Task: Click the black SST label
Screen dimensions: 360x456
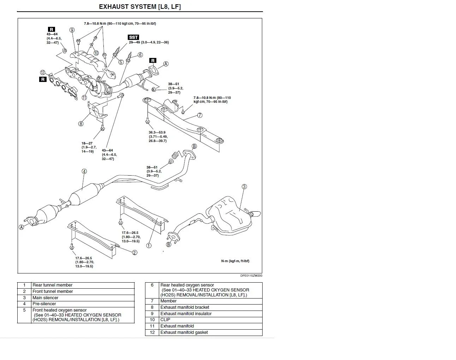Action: pyautogui.click(x=134, y=37)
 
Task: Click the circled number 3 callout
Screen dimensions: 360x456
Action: pyautogui.click(x=244, y=187)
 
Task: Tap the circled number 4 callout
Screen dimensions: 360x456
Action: pyautogui.click(x=84, y=171)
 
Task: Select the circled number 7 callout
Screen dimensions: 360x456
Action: pyautogui.click(x=200, y=115)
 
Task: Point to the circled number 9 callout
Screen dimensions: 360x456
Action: pyautogui.click(x=72, y=30)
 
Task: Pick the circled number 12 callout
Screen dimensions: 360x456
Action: pyautogui.click(x=43, y=73)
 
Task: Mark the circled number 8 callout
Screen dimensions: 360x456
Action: pyautogui.click(x=81, y=124)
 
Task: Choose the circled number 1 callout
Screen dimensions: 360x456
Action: pyautogui.click(x=149, y=245)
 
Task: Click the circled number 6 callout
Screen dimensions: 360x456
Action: pyautogui.click(x=140, y=55)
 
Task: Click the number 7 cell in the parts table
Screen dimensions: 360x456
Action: pyautogui.click(x=152, y=301)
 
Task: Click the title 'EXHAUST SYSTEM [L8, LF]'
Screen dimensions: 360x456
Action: pyautogui.click(x=140, y=6)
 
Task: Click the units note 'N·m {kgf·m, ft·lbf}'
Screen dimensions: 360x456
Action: pyautogui.click(x=235, y=261)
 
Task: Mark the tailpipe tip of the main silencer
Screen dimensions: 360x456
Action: pyautogui.click(x=257, y=214)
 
